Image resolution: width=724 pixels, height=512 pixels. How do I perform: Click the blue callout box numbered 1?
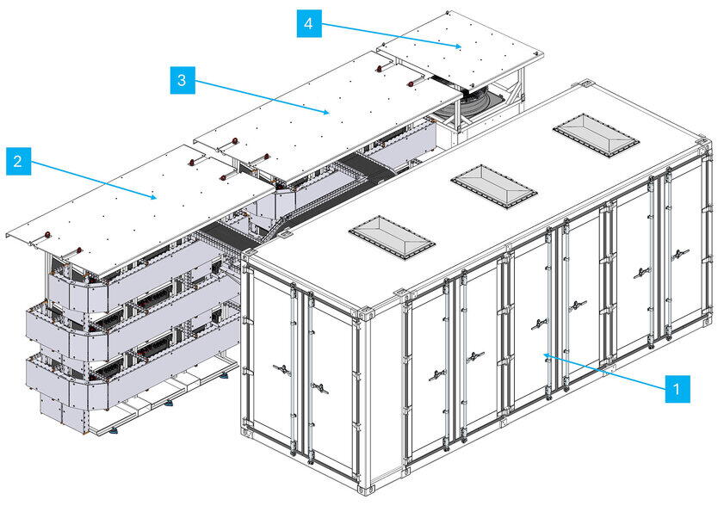click(x=678, y=388)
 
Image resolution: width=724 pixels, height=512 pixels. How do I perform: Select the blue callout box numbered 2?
click(x=19, y=161)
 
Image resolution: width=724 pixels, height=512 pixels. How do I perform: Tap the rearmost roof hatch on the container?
click(x=596, y=133)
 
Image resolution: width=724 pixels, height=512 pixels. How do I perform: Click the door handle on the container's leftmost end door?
click(x=281, y=369)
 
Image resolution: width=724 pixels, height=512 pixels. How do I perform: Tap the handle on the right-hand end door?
click(x=319, y=388)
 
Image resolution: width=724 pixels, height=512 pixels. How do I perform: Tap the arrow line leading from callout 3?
click(x=258, y=96)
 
